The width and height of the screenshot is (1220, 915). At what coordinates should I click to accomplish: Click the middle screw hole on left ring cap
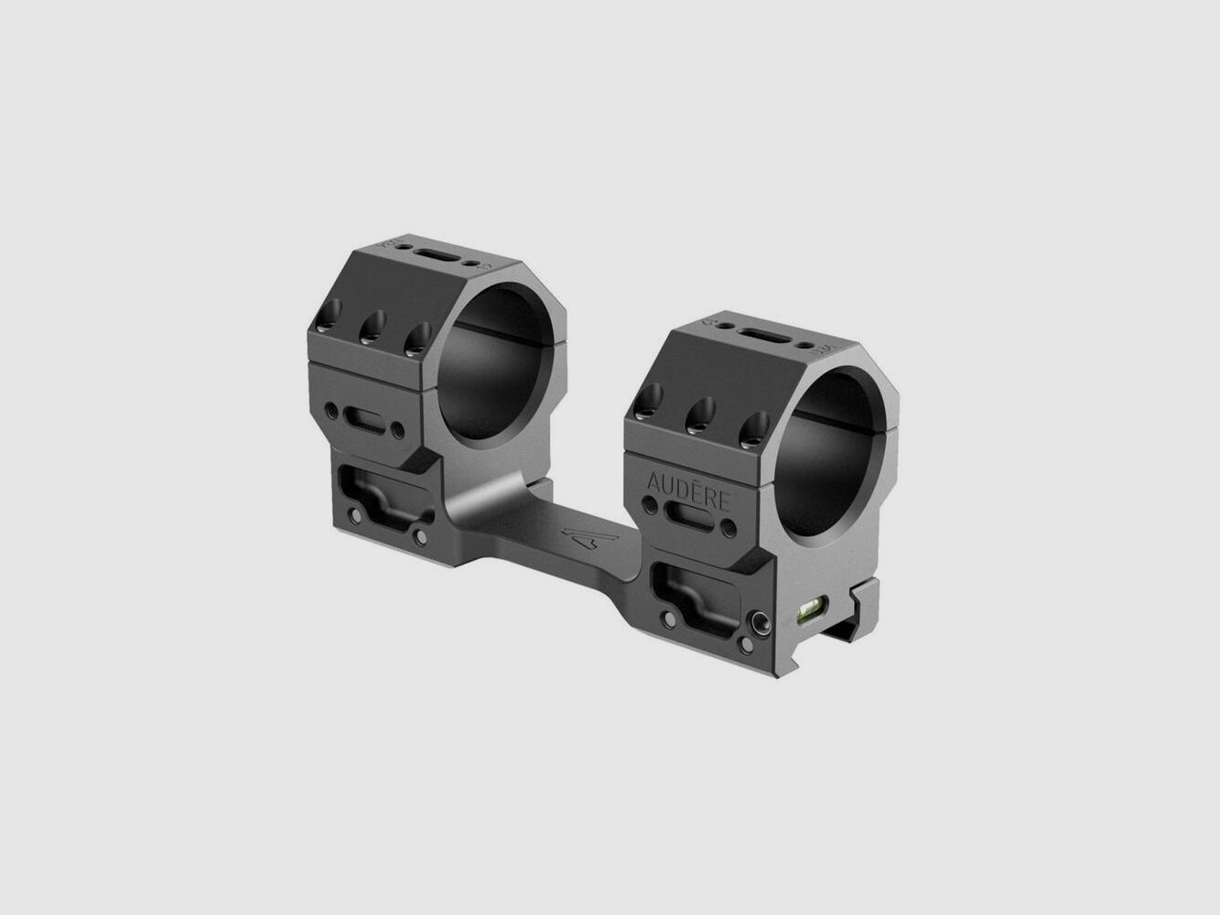[372, 323]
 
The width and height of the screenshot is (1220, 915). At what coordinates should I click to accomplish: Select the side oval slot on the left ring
[362, 422]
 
